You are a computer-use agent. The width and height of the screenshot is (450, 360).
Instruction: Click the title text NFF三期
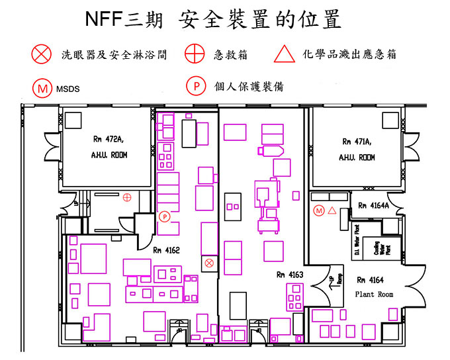pyautogui.click(x=127, y=21)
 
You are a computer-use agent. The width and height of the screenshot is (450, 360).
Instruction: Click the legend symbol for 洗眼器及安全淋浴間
pyautogui.click(x=42, y=55)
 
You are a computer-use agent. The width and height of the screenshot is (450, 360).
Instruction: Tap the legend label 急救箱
pyautogui.click(x=230, y=56)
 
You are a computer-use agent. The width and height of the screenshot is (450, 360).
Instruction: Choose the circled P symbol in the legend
pyautogui.click(x=196, y=86)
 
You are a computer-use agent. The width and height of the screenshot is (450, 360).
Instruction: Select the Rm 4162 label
pyautogui.click(x=166, y=249)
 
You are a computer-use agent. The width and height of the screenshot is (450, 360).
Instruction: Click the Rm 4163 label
pyautogui.click(x=290, y=273)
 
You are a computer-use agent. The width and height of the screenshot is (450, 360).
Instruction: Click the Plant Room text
pyautogui.click(x=374, y=293)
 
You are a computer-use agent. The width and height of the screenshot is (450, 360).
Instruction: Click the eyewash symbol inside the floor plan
pyautogui.click(x=209, y=263)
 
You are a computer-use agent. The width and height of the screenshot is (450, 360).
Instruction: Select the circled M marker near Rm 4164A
pyautogui.click(x=319, y=210)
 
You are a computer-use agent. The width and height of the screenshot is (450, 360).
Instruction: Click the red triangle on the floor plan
pyautogui.click(x=332, y=210)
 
